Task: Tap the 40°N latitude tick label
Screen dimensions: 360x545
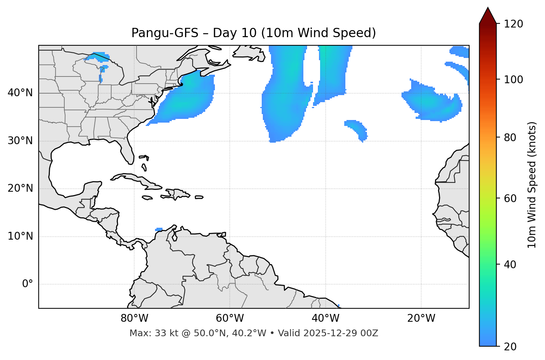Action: [x=20, y=93]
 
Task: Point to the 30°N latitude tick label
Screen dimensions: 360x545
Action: [x=20, y=141]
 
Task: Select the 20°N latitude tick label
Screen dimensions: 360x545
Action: [x=20, y=188]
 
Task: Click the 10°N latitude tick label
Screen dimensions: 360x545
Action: [x=20, y=236]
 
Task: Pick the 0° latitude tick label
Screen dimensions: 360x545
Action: [x=28, y=284]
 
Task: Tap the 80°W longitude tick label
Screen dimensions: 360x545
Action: [x=134, y=318]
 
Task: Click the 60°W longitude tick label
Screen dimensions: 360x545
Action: [x=230, y=318]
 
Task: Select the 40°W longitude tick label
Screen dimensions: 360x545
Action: [x=325, y=318]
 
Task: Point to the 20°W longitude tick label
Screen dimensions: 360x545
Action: [x=421, y=318]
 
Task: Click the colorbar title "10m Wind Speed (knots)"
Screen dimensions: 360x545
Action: [x=532, y=185]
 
